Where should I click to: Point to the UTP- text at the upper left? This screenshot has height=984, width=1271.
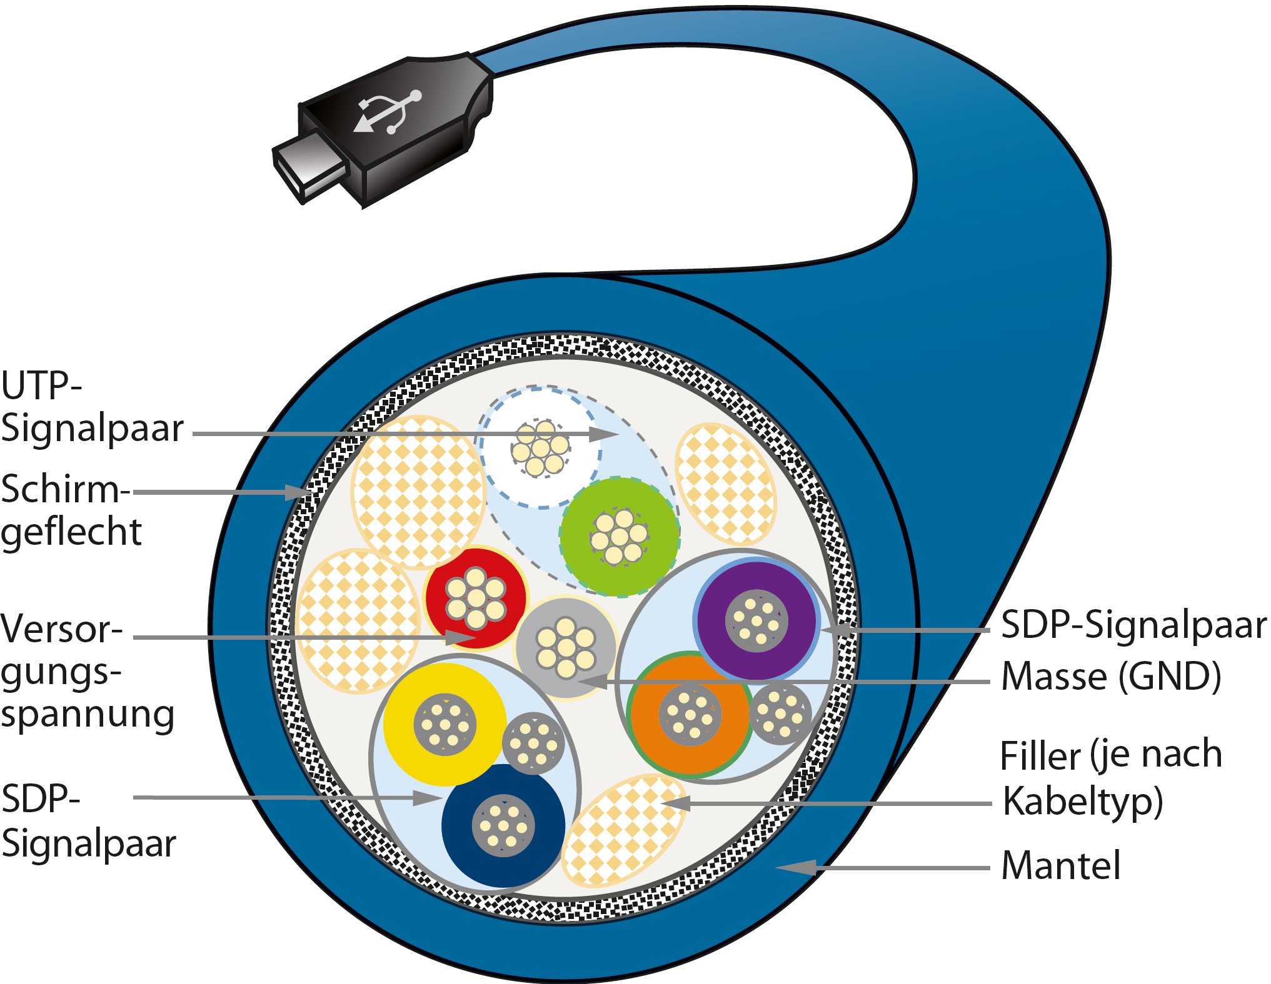41,386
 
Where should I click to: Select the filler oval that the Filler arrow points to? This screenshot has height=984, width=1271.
622,831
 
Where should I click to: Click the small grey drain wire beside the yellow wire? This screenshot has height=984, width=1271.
533,743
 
